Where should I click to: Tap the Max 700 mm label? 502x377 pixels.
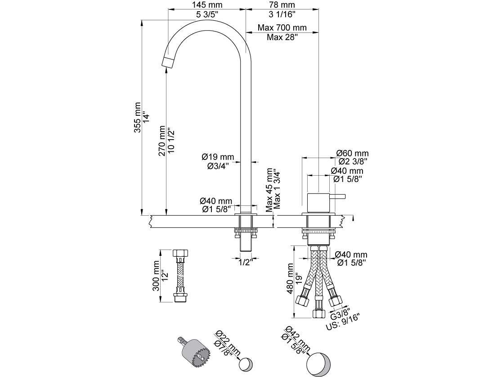click(x=282, y=28)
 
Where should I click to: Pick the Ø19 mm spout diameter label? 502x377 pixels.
click(x=218, y=157)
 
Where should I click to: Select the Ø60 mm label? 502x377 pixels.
click(x=353, y=153)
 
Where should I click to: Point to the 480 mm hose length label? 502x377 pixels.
click(x=291, y=282)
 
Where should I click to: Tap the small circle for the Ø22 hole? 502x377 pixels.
click(x=247, y=363)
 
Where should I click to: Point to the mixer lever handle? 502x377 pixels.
click(x=338, y=196)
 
